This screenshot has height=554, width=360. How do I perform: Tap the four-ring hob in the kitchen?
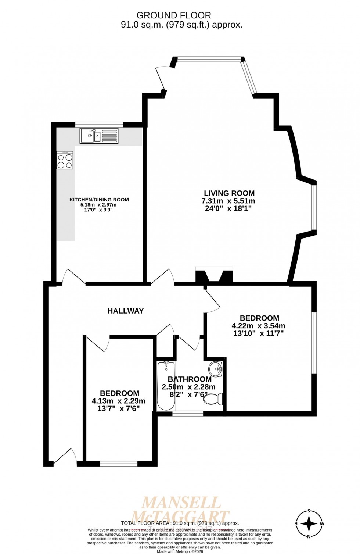[65, 160]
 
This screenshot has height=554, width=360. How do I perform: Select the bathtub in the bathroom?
[166, 386]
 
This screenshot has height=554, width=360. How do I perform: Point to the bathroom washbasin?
[216, 369]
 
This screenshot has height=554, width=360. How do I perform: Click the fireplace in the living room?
[214, 275]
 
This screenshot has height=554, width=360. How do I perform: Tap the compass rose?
[309, 523]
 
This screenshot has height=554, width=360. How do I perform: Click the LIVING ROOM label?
[229, 193]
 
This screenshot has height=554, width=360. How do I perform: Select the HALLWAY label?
[126, 311]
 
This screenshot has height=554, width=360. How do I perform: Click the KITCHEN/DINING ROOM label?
[99, 200]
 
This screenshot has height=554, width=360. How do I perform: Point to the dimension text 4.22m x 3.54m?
[258, 326]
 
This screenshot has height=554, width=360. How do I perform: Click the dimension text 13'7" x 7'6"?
[118, 408]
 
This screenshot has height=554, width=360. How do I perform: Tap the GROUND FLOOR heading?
[174, 15]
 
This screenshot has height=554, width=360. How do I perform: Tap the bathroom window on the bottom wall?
[188, 414]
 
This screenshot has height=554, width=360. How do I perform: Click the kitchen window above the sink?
[99, 124]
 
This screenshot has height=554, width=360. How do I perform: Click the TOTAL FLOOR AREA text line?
[180, 523]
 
